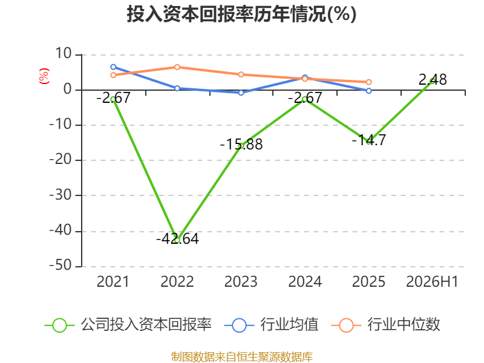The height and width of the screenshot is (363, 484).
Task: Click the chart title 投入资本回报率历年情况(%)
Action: [x=241, y=14]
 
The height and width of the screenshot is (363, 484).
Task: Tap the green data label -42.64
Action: [x=177, y=238]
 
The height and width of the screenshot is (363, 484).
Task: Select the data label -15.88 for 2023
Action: [x=241, y=144]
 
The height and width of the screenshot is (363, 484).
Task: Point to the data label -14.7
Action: [x=369, y=140]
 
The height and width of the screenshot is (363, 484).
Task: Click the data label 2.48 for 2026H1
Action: [x=433, y=80]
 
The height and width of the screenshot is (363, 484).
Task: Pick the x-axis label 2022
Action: [x=177, y=281]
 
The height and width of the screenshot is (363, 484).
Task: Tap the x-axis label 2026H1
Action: [x=432, y=281]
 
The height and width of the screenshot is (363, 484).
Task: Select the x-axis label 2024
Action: [x=305, y=281]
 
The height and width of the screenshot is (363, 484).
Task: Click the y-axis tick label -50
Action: [x=60, y=266]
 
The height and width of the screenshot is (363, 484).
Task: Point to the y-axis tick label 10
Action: [x=64, y=54]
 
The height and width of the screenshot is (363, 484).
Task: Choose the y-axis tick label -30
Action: [x=60, y=195]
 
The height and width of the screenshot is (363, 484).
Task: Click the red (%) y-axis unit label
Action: [x=44, y=76]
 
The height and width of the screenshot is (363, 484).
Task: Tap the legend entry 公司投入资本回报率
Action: [x=128, y=325]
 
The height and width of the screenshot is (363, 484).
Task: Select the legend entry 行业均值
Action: [x=271, y=325]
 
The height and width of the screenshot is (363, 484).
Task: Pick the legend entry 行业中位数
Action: [x=385, y=325]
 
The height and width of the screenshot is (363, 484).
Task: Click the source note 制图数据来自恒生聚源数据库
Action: [x=242, y=357]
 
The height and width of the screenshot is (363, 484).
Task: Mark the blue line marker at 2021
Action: [x=113, y=67]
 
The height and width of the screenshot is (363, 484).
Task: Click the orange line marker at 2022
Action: [x=177, y=67]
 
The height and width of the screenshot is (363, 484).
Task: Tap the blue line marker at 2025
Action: [x=368, y=91]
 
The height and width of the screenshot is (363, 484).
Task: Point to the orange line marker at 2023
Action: [x=241, y=74]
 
